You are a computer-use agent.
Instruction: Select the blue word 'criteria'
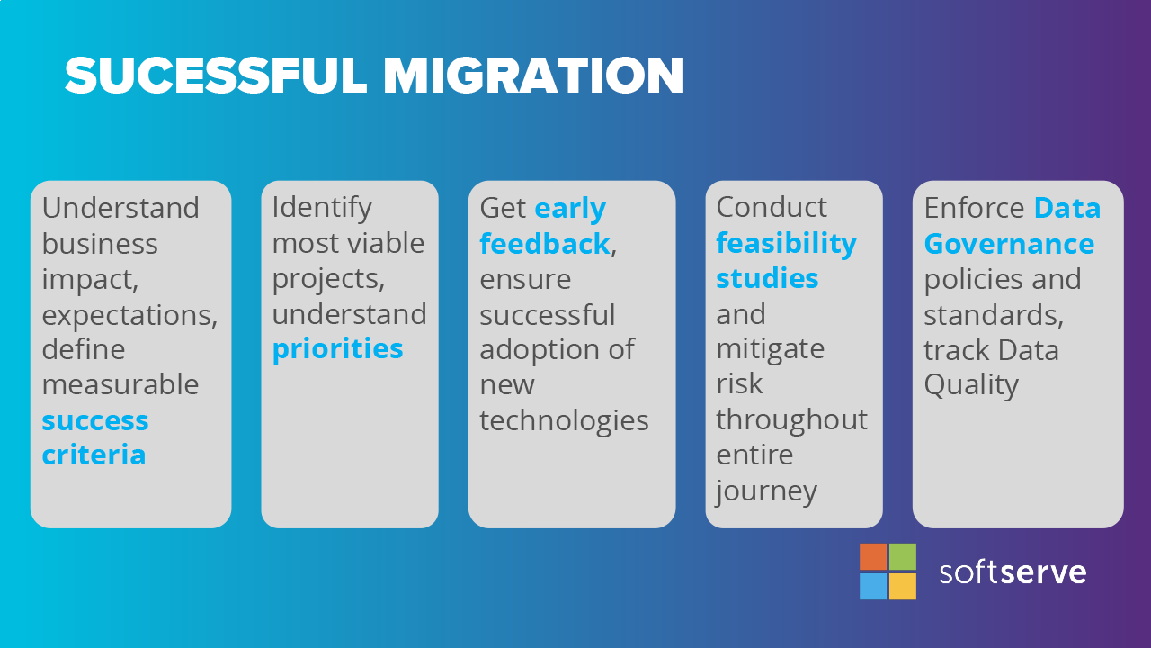coord(94,454)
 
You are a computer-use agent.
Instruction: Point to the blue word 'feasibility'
coord(786,243)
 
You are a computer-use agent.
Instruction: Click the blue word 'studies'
coord(767,278)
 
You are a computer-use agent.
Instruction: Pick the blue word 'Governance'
coord(1009,243)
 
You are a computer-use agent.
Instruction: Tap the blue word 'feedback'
coord(545,243)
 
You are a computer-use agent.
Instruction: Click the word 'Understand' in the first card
coord(120,208)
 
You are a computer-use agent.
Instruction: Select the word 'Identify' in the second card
coord(322,209)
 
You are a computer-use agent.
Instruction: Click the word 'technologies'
coord(564,421)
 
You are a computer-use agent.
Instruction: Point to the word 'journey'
coord(766,491)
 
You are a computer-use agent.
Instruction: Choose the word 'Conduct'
coord(772,207)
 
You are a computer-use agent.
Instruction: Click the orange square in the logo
coord(873,556)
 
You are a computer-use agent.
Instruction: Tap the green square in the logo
coord(902,556)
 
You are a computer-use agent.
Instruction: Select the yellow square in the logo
coord(902,586)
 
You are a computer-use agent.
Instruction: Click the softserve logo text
coord(1013,572)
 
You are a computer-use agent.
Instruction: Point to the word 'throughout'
coord(792,419)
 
